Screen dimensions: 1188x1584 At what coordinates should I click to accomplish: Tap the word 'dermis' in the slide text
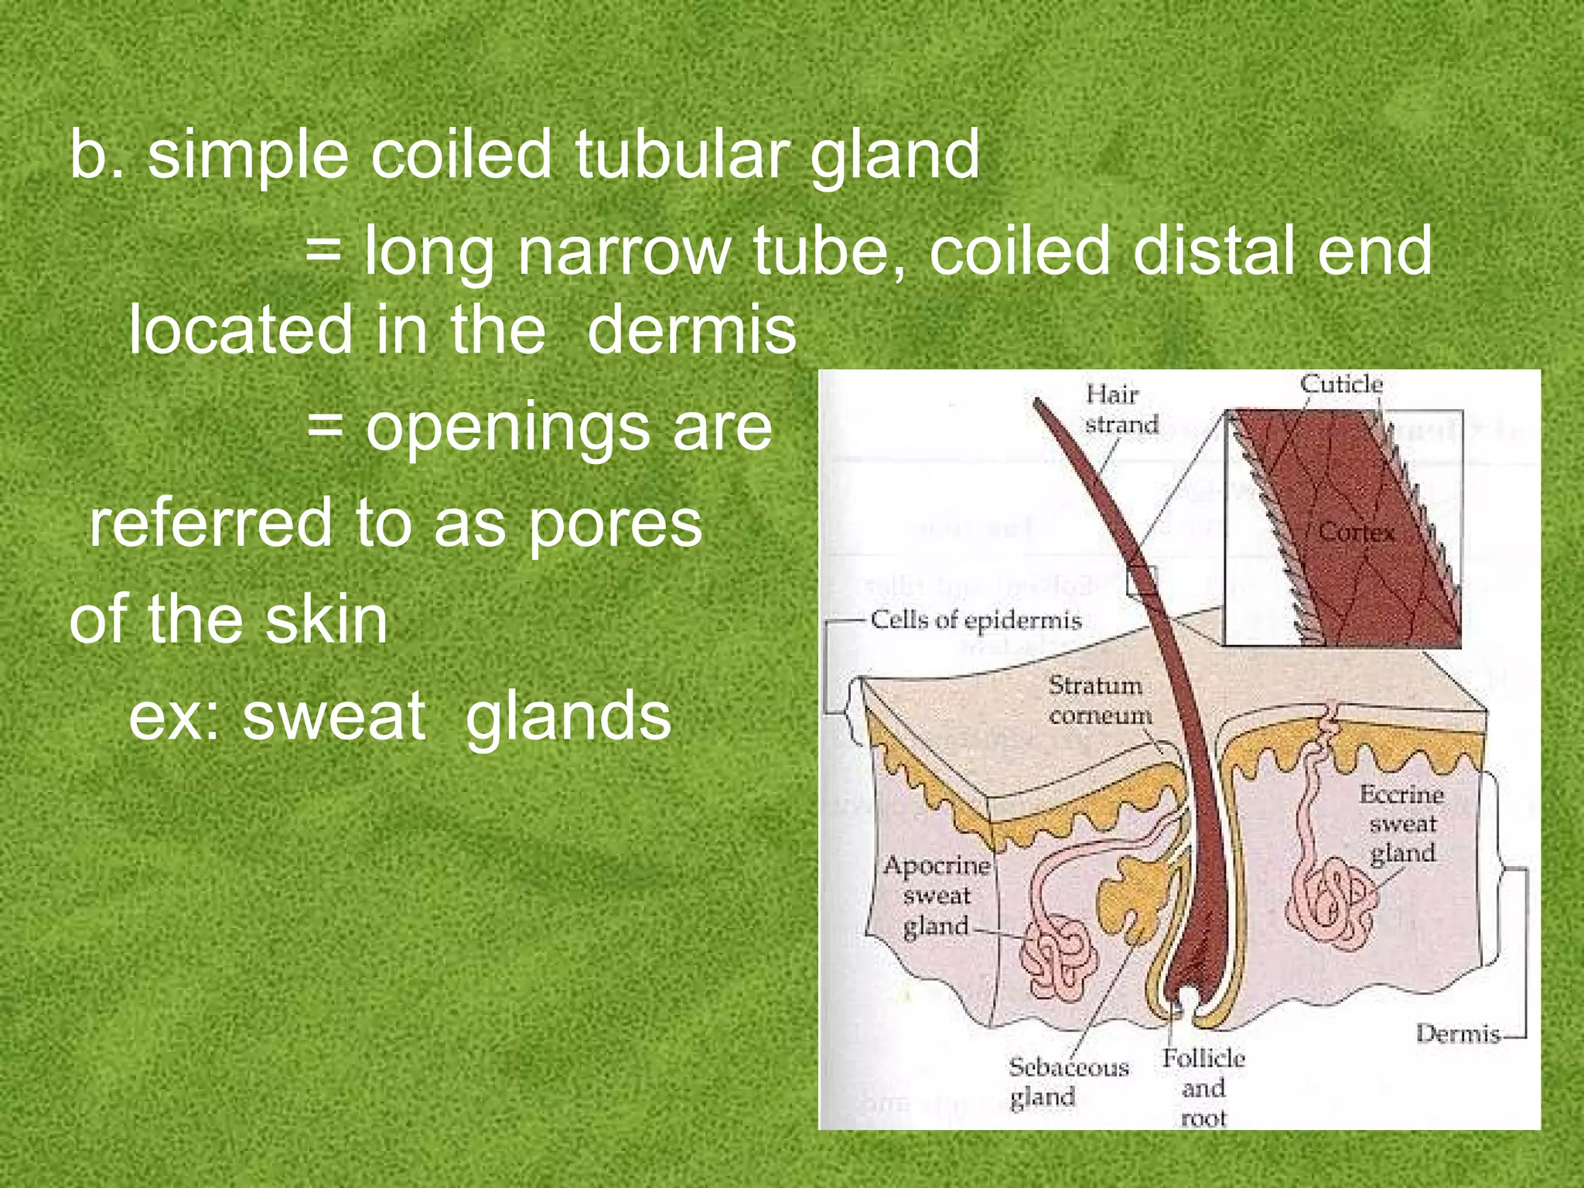(691, 330)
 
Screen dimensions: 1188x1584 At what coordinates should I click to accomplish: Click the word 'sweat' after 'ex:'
(333, 715)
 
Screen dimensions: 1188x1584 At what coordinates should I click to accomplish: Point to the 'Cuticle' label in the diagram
(1340, 384)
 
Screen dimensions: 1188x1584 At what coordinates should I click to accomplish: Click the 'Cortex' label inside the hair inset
(1356, 532)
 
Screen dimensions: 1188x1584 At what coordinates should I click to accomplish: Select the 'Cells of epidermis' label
(975, 620)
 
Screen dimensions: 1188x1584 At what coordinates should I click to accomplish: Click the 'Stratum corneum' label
(1099, 700)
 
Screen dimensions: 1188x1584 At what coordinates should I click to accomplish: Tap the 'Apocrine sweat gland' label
(937, 896)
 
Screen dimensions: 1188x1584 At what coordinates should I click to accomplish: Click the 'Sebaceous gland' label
(1068, 1081)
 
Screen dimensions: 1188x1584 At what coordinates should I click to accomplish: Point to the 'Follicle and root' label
(1203, 1087)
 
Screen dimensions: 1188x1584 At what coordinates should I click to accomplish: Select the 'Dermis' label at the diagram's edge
(1457, 1033)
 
